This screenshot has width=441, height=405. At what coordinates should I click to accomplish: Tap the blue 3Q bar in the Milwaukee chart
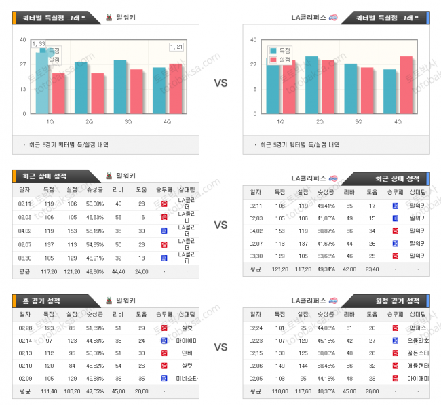pyautogui.click(x=120, y=87)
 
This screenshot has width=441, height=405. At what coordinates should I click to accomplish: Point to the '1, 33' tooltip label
pyautogui.click(x=38, y=44)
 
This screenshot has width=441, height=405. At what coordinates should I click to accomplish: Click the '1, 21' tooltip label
pyautogui.click(x=176, y=46)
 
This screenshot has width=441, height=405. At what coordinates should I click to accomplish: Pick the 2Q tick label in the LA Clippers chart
pyautogui.click(x=320, y=121)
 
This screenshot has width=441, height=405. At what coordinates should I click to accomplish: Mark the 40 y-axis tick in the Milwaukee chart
pyautogui.click(x=22, y=40)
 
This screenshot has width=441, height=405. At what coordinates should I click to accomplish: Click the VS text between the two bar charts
pyautogui.click(x=220, y=83)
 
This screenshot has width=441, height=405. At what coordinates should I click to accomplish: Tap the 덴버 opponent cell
pyautogui.click(x=185, y=353)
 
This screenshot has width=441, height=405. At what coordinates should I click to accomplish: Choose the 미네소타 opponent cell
pyautogui.click(x=185, y=379)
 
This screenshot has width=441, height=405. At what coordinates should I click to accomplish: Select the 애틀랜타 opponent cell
pyautogui.click(x=419, y=366)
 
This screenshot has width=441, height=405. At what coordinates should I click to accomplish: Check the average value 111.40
pyautogui.click(x=49, y=391)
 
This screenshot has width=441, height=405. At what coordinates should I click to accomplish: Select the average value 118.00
pyautogui.click(x=279, y=391)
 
